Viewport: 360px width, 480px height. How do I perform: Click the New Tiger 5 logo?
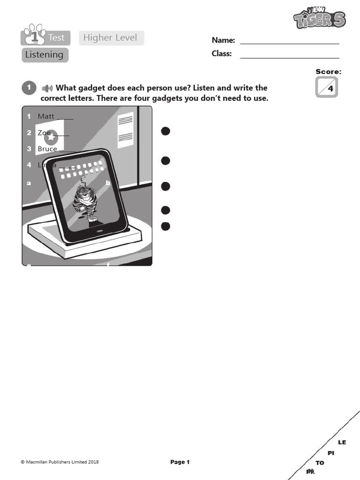[x=320, y=18]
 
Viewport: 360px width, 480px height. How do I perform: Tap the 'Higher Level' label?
[x=111, y=38]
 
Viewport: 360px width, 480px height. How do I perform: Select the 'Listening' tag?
[x=45, y=55]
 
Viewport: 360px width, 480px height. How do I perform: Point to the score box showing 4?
[x=327, y=88]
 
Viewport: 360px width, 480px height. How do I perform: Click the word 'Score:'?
[x=328, y=72]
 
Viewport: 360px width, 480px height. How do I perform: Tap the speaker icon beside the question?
[x=47, y=88]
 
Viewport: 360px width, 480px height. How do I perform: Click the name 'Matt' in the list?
[x=46, y=116]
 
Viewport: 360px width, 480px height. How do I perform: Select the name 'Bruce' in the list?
[x=47, y=149]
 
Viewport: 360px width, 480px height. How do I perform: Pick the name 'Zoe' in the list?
[x=44, y=133]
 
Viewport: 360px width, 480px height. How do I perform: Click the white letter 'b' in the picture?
[x=107, y=183]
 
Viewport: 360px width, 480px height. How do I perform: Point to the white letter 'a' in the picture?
[x=29, y=183]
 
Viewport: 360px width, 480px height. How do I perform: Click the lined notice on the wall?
[x=126, y=129]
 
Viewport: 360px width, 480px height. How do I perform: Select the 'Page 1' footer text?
[x=180, y=462]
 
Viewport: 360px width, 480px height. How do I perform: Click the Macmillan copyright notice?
[x=60, y=462]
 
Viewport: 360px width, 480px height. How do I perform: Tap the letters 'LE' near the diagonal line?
[x=342, y=442]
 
